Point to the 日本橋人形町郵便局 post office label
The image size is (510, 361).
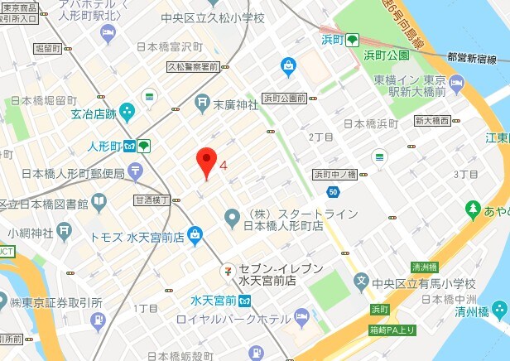click(x=73, y=173)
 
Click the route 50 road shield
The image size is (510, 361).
click(x=333, y=192)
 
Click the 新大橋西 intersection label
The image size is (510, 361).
click(x=431, y=121)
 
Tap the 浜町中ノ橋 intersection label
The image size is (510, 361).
click(x=334, y=174)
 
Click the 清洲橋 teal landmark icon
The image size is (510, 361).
click(x=500, y=310)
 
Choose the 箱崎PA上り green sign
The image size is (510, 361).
click(x=392, y=331)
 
